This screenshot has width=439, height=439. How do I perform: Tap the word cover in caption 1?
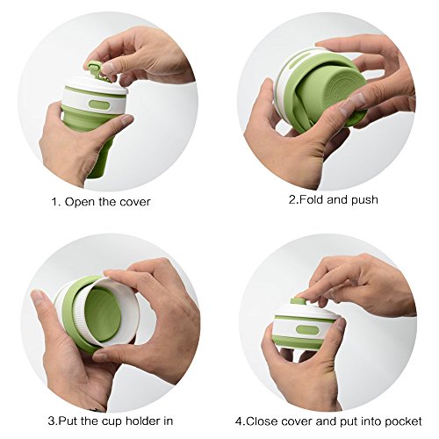click(134, 202)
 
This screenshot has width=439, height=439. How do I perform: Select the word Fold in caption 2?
click(312, 199)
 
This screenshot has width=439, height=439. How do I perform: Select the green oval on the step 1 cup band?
click(99, 104)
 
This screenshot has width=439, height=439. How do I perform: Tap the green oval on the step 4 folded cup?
click(307, 330)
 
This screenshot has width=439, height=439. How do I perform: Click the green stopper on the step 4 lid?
click(299, 302)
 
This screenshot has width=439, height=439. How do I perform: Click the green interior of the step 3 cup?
click(103, 314)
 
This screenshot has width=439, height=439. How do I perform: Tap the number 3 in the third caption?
click(52, 421)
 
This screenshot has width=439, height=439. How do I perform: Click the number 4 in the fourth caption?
click(239, 421)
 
